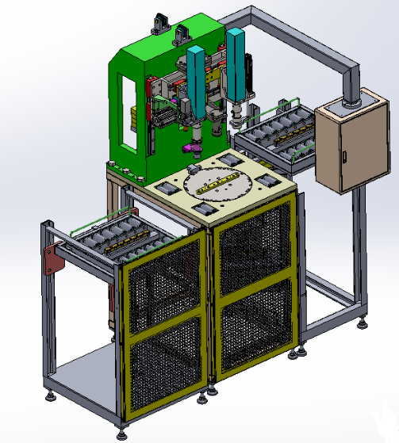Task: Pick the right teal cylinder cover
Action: [x=236, y=62]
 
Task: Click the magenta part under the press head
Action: [x=193, y=147]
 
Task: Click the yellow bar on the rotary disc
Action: [x=217, y=187]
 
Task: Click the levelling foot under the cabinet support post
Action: [x=363, y=322]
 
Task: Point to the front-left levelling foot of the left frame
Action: [x=52, y=395]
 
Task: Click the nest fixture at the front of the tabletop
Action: [x=205, y=209]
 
